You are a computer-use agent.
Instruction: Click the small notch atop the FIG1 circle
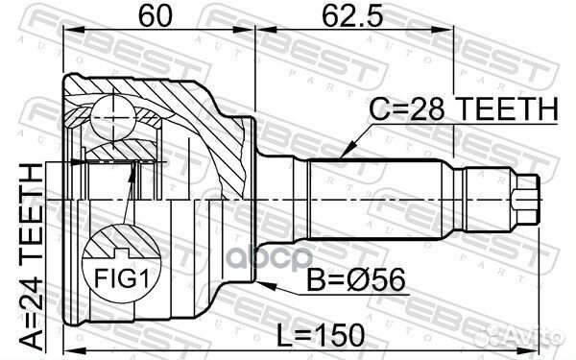118,253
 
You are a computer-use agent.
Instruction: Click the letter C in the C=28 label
378,111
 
